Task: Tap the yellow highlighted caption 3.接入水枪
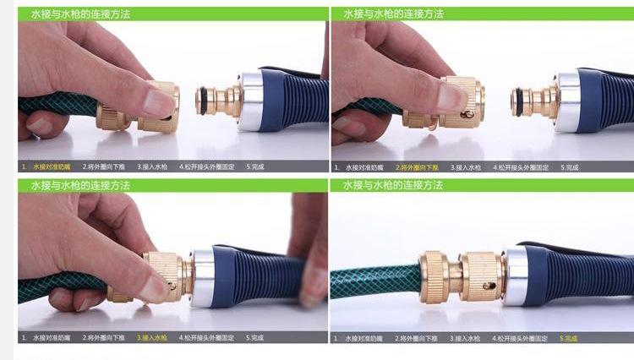(x=155, y=338)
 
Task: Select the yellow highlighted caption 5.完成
(x=569, y=338)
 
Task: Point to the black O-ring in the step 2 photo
(x=515, y=101)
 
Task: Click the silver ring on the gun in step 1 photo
(x=252, y=101)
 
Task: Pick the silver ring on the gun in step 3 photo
(x=202, y=277)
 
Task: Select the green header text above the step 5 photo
(x=392, y=185)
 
